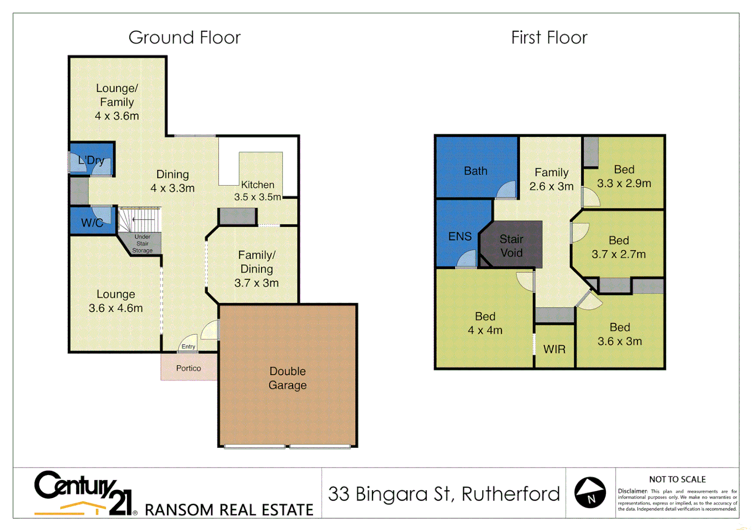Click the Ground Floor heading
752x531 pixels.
click(185, 38)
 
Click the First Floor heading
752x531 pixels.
click(549, 38)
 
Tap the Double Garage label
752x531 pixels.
click(287, 378)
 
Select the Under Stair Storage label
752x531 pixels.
click(142, 244)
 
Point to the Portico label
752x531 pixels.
click(188, 368)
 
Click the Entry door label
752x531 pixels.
click(188, 347)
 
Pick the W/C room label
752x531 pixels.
click(92, 223)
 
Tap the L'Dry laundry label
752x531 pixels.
click(91, 160)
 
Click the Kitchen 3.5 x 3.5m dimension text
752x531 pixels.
click(257, 197)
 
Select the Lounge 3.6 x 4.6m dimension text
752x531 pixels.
click(116, 308)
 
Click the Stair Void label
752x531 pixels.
click(511, 246)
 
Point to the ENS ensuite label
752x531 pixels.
click(460, 236)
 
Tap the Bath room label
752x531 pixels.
click(475, 171)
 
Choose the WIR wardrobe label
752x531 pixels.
click(554, 350)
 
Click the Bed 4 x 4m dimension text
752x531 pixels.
click(485, 330)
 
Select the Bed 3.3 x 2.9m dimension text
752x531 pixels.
click(624, 183)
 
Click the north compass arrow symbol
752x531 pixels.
click(590, 492)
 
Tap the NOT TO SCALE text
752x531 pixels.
click(677, 479)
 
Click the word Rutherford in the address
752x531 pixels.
click(511, 494)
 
